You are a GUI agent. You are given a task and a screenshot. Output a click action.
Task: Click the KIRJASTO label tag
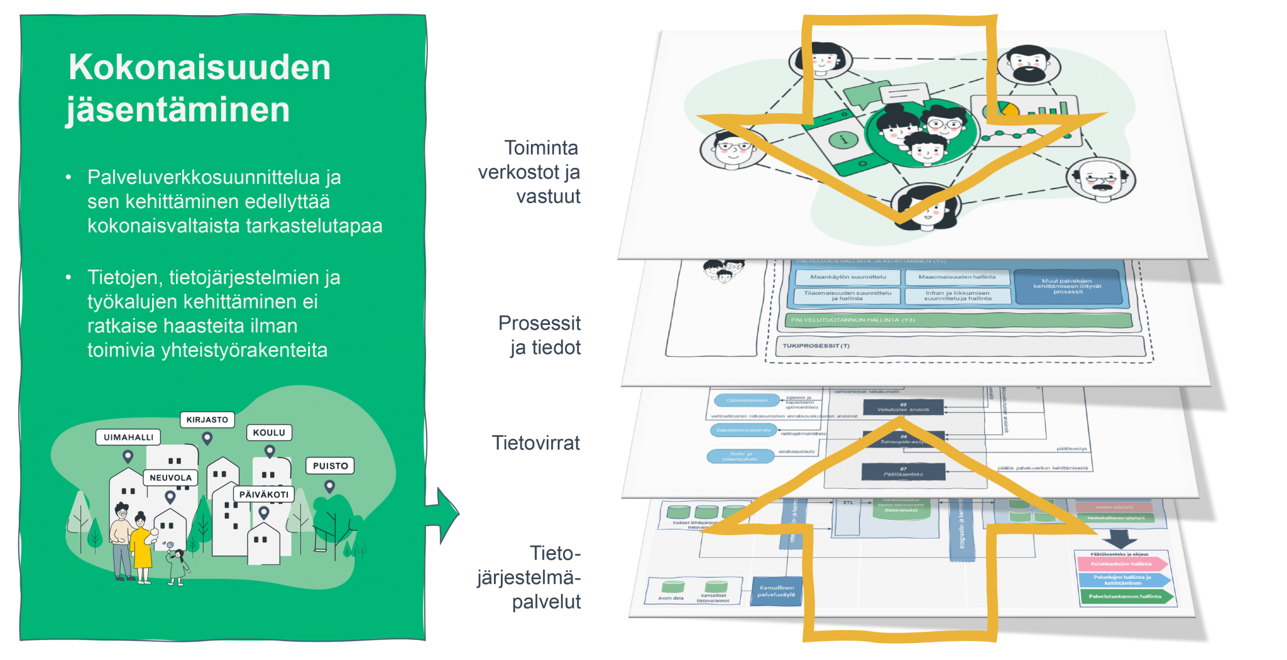coord(207,419)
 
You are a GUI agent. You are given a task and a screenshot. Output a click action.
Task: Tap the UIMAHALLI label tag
coord(128,437)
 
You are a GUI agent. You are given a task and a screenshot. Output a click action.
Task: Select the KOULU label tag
coord(269,432)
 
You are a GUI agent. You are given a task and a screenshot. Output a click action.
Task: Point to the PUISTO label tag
coord(330,466)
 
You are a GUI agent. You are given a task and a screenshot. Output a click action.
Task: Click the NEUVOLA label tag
coord(170,478)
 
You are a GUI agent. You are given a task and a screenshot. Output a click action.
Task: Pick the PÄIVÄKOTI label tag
coord(264,494)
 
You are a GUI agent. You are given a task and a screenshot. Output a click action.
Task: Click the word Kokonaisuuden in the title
coord(199,67)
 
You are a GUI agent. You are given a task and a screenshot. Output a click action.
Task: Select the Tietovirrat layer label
coord(536,443)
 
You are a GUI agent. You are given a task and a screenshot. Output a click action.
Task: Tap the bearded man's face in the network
coord(1028,65)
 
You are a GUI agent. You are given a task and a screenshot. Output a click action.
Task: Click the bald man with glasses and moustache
coord(1100,179)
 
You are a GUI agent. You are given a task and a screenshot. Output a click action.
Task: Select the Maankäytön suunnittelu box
coord(848,277)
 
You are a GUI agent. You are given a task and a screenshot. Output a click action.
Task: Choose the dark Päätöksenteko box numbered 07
coord(903,471)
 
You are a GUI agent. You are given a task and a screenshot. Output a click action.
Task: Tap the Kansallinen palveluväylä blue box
coord(777,591)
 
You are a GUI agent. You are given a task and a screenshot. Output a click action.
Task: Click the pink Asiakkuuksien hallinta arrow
coord(1122,564)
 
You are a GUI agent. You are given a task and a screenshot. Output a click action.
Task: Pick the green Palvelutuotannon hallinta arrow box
coord(1125,596)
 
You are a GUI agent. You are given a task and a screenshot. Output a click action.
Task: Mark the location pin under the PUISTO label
coord(329,486)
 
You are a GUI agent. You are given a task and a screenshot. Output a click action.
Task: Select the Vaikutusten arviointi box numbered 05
coord(903,407)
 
